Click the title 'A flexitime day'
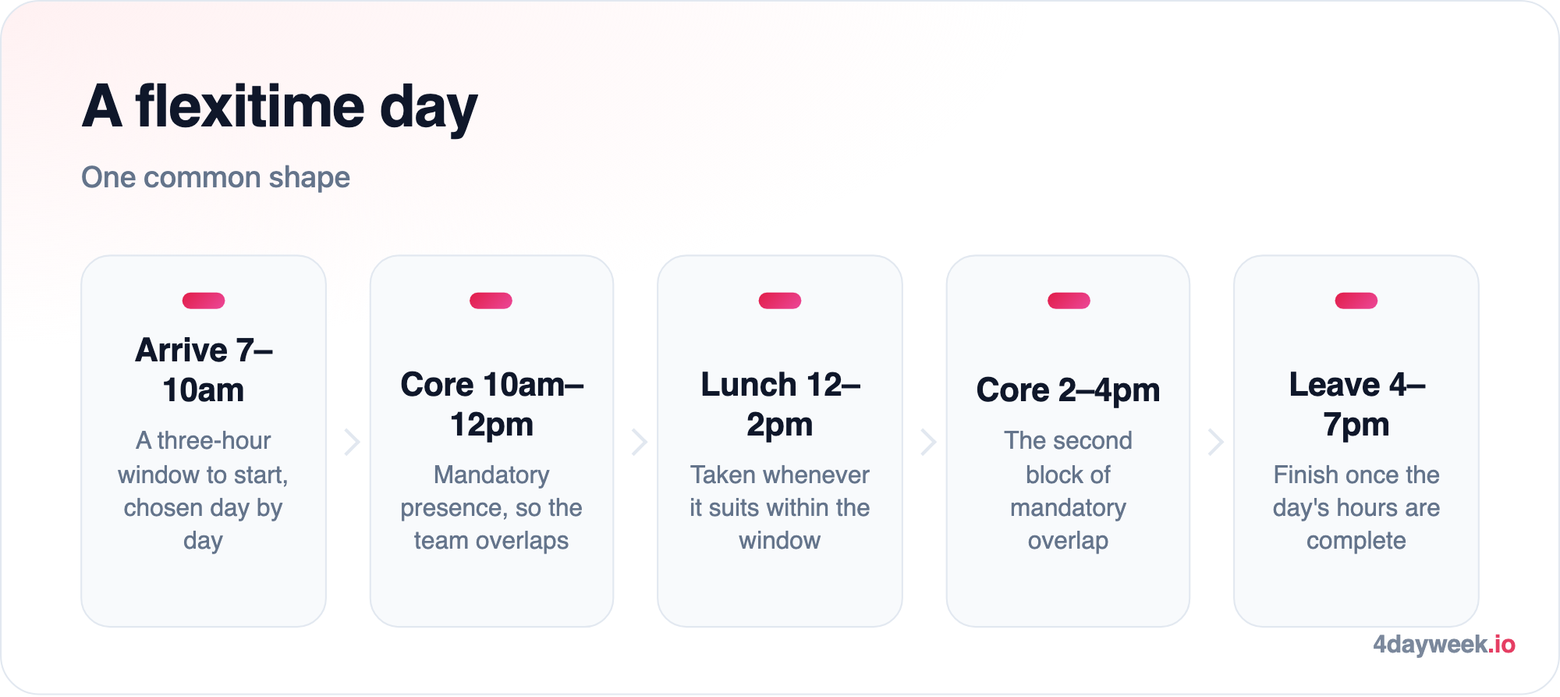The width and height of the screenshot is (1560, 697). click(280, 107)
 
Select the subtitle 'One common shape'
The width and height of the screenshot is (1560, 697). click(216, 177)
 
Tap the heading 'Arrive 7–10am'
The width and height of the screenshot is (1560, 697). click(204, 370)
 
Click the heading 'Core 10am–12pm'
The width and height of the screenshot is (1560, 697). click(491, 404)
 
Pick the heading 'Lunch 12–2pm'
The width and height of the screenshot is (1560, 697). click(780, 404)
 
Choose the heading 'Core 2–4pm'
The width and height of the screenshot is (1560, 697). click(1068, 389)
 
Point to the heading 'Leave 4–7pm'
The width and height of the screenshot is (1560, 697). click(1356, 404)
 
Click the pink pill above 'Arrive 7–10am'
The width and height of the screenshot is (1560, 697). click(204, 300)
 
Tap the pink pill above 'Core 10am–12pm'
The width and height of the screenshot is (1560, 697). click(491, 300)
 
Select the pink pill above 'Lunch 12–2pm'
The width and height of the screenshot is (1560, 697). click(780, 300)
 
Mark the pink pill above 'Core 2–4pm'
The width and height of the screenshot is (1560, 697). click(1069, 300)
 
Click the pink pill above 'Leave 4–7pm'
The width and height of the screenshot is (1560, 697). click(1356, 300)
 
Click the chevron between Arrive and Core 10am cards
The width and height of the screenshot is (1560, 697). click(353, 442)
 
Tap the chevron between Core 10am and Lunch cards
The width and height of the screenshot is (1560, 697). click(640, 442)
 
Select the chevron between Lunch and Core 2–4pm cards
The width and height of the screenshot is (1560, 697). click(929, 442)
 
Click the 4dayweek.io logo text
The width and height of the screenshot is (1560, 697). click(1444, 645)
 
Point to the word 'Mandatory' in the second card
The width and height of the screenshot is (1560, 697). click(491, 475)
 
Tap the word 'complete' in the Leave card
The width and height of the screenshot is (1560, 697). click(1356, 541)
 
